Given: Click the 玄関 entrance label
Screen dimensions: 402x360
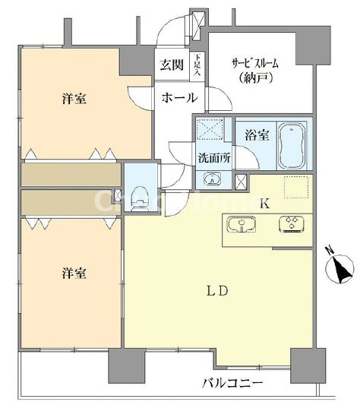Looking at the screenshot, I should (170, 65).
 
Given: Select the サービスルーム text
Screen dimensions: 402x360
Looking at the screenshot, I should (258, 64).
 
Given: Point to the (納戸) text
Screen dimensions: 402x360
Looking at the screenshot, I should (259, 79).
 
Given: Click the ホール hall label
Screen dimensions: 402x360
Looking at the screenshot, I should (179, 98).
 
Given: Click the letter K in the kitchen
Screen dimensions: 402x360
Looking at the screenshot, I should (265, 203).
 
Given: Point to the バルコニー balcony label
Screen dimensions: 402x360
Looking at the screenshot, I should (232, 382).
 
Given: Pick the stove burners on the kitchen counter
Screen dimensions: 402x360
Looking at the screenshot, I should (290, 224).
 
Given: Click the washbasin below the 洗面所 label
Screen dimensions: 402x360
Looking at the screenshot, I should (210, 180).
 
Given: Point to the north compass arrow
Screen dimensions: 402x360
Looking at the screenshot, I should (339, 268).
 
